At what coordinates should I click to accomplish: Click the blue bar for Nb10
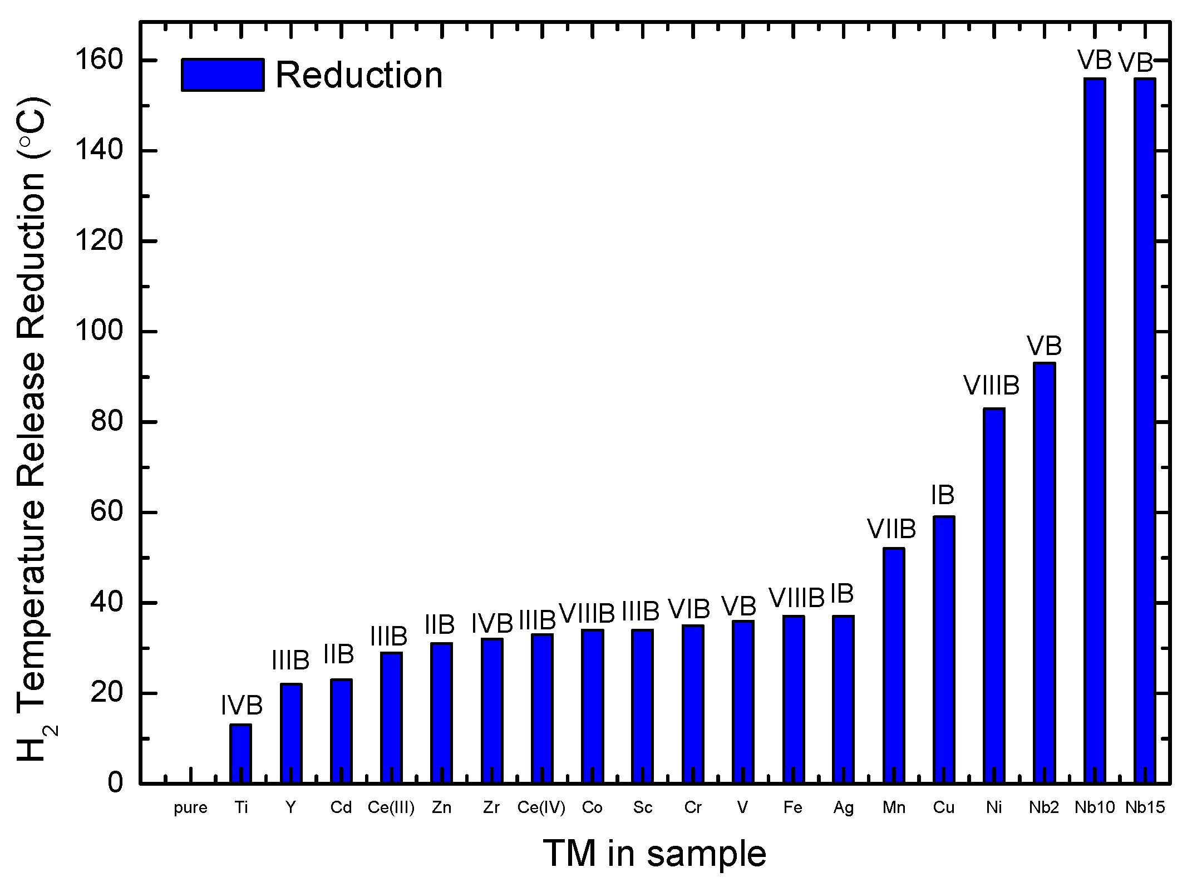[x=1095, y=431]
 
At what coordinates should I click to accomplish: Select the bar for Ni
[x=994, y=595]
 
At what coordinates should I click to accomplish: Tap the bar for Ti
[x=240, y=754]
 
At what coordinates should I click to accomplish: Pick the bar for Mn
[x=894, y=666]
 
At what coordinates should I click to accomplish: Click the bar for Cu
[x=944, y=650]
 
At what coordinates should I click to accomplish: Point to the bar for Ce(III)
[x=391, y=718]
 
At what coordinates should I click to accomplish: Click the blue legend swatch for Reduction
[x=223, y=75]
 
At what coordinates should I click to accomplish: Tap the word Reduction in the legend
[x=359, y=75]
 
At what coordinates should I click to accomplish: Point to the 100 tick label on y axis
[x=99, y=332]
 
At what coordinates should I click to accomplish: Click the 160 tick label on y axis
[x=99, y=60]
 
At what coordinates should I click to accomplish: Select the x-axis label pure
[x=190, y=807]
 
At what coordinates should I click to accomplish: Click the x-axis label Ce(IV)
[x=541, y=807]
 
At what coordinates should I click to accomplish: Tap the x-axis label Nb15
[x=1145, y=807]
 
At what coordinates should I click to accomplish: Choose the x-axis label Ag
[x=843, y=807]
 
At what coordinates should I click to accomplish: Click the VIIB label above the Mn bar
[x=891, y=529]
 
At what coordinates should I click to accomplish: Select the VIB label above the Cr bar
[x=689, y=609]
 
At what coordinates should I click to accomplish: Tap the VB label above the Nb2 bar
[x=1044, y=346]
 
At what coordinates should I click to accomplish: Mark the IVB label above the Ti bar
[x=242, y=706]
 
